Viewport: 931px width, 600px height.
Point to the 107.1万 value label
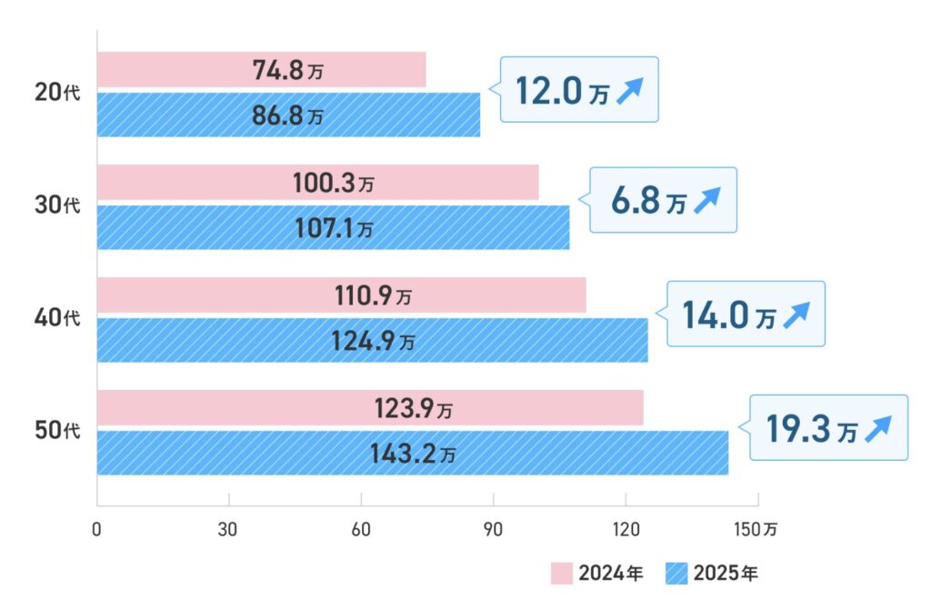pyautogui.click(x=333, y=227)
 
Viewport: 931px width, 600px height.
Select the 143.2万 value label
pyautogui.click(x=412, y=453)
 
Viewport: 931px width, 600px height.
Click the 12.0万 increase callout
pyautogui.click(x=579, y=90)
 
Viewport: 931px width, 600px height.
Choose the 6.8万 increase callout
pyautogui.click(x=663, y=200)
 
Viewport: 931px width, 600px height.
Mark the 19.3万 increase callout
pyautogui.click(x=828, y=427)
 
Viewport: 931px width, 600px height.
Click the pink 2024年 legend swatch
pyautogui.click(x=561, y=574)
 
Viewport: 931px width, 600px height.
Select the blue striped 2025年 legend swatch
pyautogui.click(x=677, y=574)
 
